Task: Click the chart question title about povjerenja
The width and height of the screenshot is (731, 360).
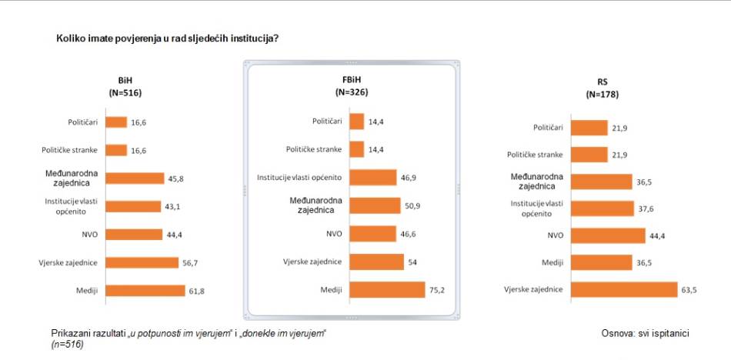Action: [167, 37]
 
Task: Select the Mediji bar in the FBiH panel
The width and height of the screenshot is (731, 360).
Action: [386, 289]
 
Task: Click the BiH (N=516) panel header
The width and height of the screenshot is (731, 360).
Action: [126, 86]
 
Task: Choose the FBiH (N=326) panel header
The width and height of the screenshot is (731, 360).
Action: [352, 86]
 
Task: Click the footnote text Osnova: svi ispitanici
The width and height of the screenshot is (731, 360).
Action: [645, 333]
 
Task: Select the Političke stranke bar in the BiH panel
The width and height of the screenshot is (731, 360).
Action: [116, 150]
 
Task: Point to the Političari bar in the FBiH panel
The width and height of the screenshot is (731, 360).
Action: [356, 122]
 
